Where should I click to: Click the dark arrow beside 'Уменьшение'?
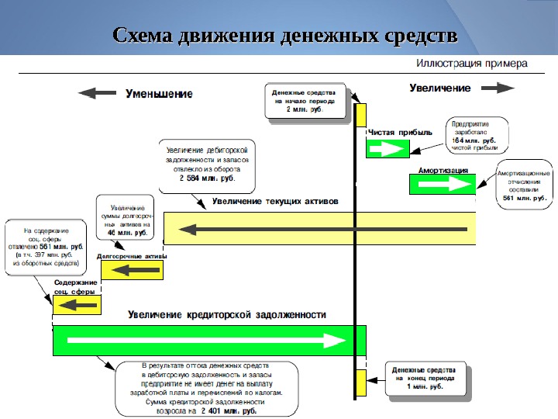98,93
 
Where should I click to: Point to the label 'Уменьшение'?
160,93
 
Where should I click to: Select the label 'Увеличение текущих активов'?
276,200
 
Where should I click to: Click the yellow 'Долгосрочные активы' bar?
133,270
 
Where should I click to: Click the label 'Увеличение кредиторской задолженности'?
227,315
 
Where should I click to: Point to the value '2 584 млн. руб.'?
206,178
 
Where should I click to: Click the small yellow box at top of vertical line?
361,115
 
